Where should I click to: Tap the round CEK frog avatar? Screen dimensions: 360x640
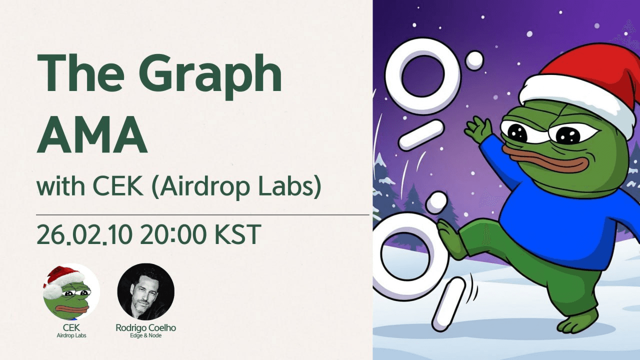coord(71,291)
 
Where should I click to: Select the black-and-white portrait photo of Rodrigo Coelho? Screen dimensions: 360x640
coord(145,291)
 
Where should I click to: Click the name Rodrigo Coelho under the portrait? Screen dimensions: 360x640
coord(145,328)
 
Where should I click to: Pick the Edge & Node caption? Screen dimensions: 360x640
coord(145,335)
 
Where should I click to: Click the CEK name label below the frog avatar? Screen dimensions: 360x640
coord(71,328)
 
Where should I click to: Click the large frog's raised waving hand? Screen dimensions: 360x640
coord(478,129)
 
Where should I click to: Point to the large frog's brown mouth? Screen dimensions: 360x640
coord(542,161)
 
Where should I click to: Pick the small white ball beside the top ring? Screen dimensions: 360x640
coord(474,60)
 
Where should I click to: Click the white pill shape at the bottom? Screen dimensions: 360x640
coord(448,303)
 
